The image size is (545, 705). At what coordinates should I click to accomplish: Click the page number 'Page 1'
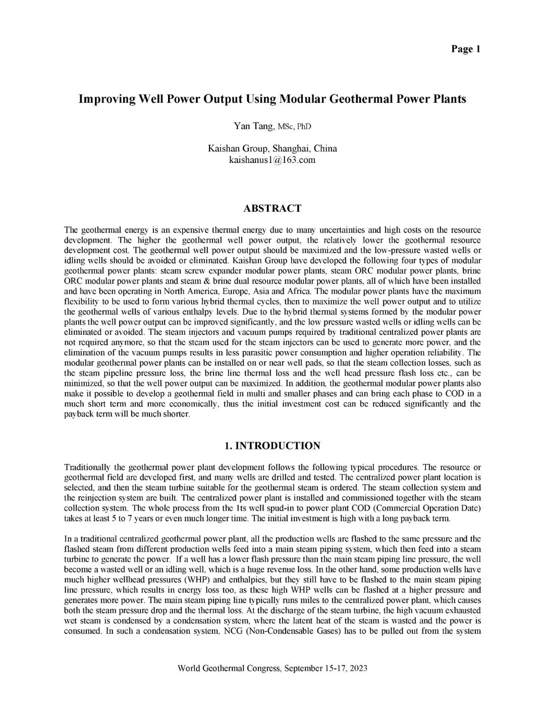point(466,49)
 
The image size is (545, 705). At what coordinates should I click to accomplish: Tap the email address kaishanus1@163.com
point(272,160)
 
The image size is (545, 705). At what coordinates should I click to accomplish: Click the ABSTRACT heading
point(272,209)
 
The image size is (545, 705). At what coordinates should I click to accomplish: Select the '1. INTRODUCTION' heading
point(272,446)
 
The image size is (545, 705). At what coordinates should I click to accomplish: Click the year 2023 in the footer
point(358,669)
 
